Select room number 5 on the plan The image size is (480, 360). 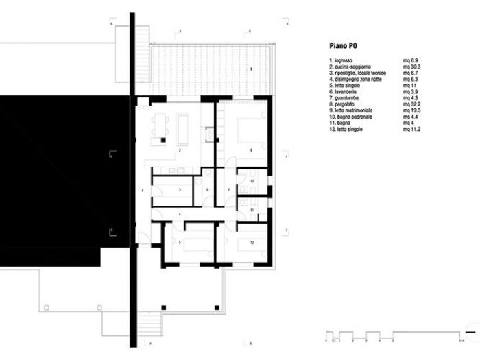coord(179,243)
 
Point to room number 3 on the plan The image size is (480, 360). coord(179,189)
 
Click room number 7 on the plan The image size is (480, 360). coord(228,189)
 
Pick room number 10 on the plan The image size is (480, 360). coord(252,181)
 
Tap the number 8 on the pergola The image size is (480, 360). coord(251,69)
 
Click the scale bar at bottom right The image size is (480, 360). coord(394,336)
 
